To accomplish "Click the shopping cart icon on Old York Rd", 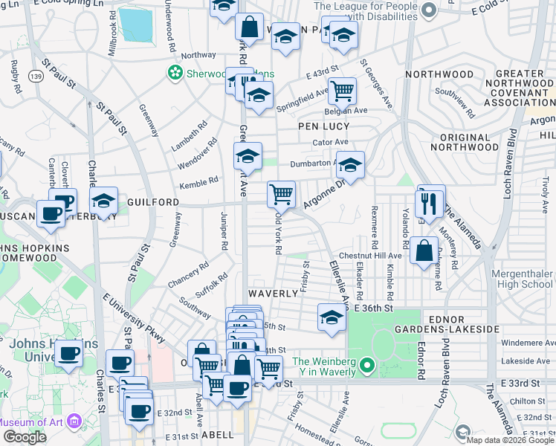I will pyautogui.click(x=282, y=195).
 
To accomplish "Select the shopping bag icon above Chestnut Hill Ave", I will pyautogui.click(x=424, y=251).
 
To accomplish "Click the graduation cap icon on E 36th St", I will pyautogui.click(x=332, y=317).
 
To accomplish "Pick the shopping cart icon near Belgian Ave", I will pyautogui.click(x=342, y=91).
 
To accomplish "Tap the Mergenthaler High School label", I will pyautogui.click(x=523, y=279).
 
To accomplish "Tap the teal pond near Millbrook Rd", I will pyautogui.click(x=135, y=25).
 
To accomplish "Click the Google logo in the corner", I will pyautogui.click(x=25, y=437).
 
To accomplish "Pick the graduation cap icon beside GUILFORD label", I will pyautogui.click(x=104, y=201).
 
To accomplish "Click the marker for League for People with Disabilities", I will pyautogui.click(x=427, y=11).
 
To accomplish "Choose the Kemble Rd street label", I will pyautogui.click(x=198, y=181).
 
